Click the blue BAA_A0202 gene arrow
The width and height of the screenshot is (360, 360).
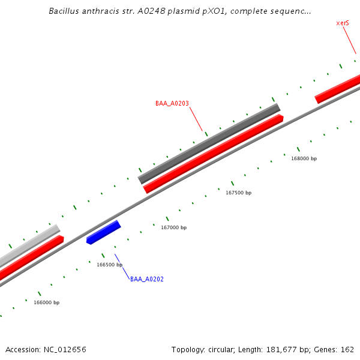[x=104, y=233]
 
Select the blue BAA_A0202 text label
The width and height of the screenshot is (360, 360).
[x=147, y=279]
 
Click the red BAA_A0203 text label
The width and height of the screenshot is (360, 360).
[x=172, y=103]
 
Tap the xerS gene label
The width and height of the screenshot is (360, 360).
[x=343, y=23]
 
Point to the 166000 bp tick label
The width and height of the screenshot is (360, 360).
[x=46, y=302]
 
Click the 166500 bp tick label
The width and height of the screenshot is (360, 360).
[x=110, y=265]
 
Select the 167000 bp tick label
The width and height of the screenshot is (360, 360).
[x=173, y=227]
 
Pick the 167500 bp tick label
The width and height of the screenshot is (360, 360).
[x=238, y=193]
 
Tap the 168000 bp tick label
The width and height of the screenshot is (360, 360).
[x=304, y=158]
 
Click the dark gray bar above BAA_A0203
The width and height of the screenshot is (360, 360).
[x=209, y=143]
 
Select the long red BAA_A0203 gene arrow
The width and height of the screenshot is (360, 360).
[x=213, y=154]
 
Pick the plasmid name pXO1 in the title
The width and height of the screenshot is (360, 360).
[x=197, y=11]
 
